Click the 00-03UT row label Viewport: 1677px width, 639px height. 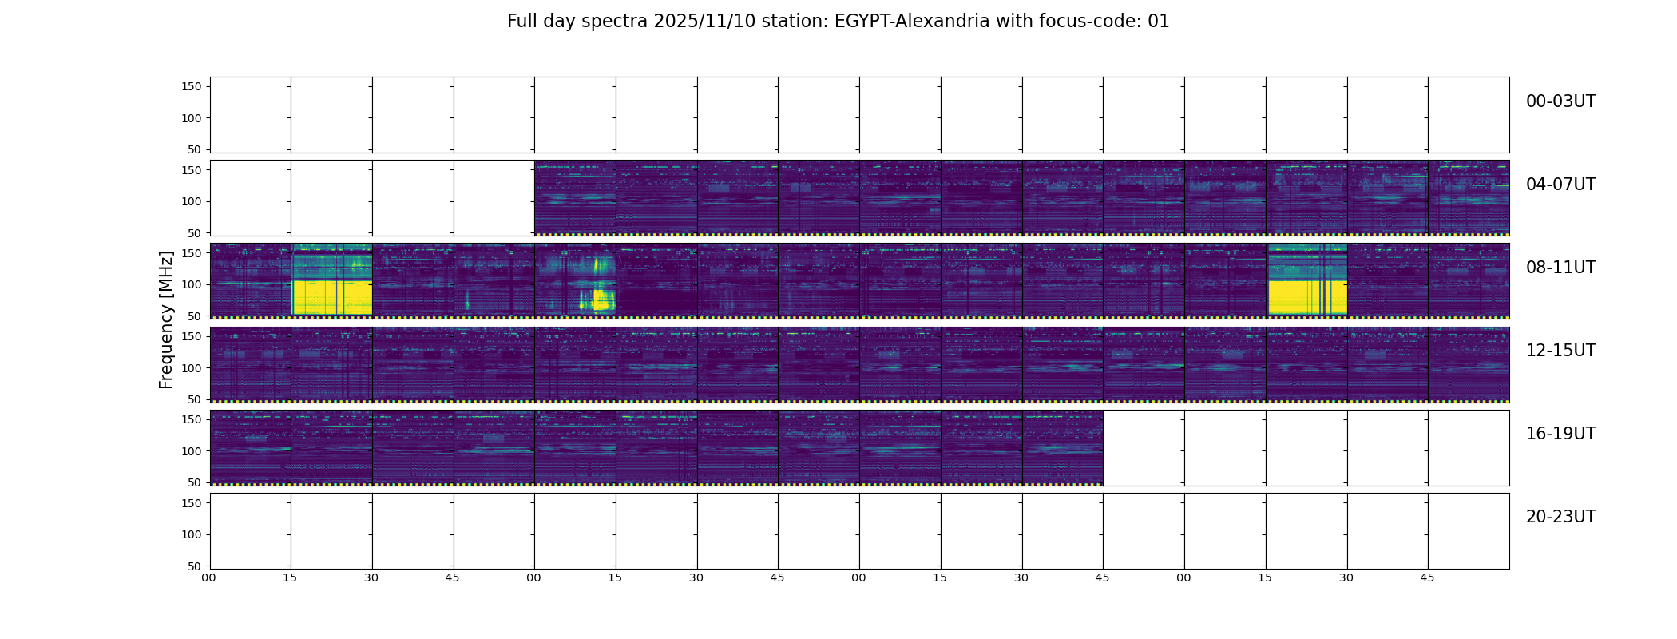pyautogui.click(x=1560, y=101)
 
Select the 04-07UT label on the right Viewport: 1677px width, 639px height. pyautogui.click(x=1560, y=185)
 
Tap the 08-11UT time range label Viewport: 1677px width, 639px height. pyautogui.click(x=1560, y=268)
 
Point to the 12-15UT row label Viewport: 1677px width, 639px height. pyautogui.click(x=1560, y=351)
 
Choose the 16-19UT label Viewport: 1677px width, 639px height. pyautogui.click(x=1560, y=434)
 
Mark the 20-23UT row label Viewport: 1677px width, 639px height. pyautogui.click(x=1560, y=517)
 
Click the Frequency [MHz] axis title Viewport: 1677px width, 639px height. pyautogui.click(x=166, y=319)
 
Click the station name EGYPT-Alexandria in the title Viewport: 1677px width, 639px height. pyautogui.click(x=912, y=22)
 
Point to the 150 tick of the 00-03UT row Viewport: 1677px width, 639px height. pyautogui.click(x=192, y=86)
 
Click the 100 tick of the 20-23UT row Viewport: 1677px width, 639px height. pyautogui.click(x=192, y=534)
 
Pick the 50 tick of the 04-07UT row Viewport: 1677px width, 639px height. pyautogui.click(x=195, y=233)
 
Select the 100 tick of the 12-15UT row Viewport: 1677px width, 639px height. pyautogui.click(x=192, y=368)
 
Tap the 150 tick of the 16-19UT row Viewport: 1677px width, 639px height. pyautogui.click(x=192, y=419)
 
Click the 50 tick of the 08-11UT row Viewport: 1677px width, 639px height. pyautogui.click(x=195, y=316)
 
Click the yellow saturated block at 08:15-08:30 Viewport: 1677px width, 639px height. pyautogui.click(x=332, y=297)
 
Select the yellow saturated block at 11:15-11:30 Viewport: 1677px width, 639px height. pyautogui.click(x=1307, y=297)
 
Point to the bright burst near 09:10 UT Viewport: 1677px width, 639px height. pyautogui.click(x=597, y=299)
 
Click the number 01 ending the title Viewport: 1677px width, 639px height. pyautogui.click(x=1159, y=22)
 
